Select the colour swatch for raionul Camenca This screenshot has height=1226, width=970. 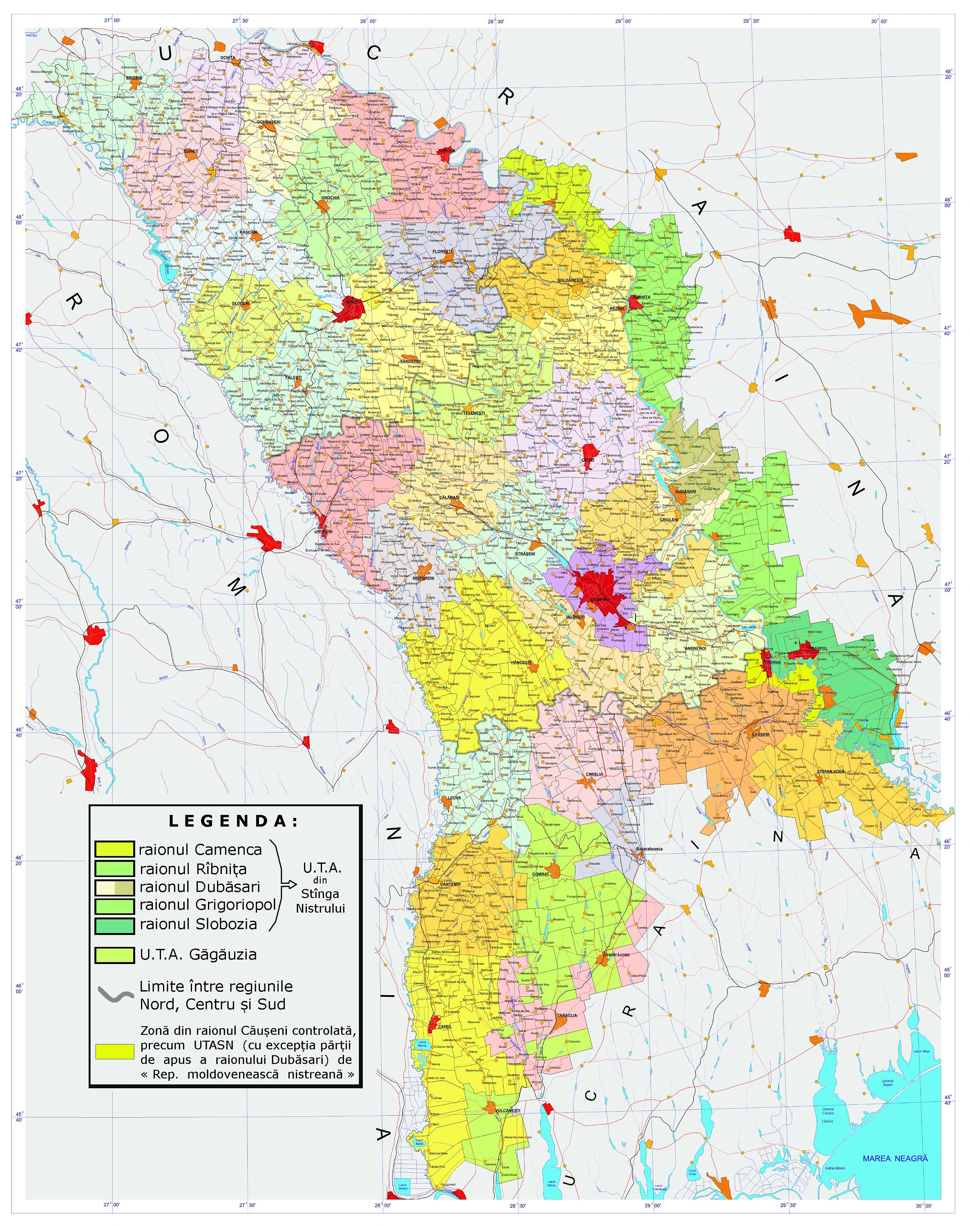pyautogui.click(x=114, y=849)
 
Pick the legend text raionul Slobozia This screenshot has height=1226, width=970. pyautogui.click(x=198, y=924)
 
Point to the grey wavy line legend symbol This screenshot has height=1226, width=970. pyautogui.click(x=116, y=995)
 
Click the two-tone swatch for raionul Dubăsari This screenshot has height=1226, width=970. pyautogui.click(x=114, y=887)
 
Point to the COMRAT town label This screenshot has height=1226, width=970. pyautogui.click(x=540, y=874)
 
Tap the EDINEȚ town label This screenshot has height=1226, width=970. pyautogui.click(x=191, y=152)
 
